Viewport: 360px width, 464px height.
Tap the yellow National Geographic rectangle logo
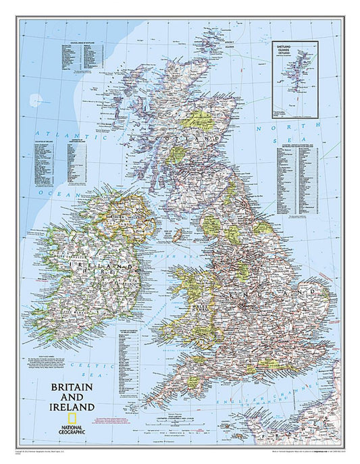51,424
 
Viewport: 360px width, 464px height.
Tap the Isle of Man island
178,235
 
